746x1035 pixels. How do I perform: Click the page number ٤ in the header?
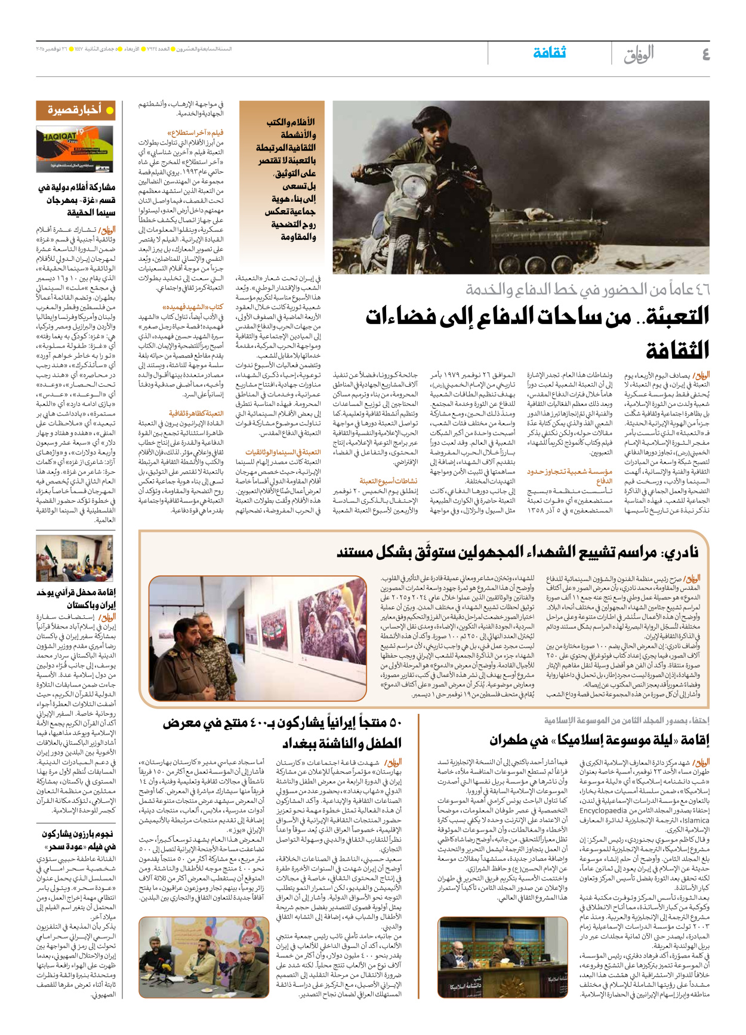(x=705, y=54)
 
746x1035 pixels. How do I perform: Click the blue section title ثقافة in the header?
(x=549, y=53)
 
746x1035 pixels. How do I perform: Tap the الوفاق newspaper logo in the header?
(x=639, y=54)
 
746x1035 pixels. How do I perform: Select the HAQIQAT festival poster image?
(x=75, y=149)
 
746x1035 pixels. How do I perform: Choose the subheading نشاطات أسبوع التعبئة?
(x=389, y=480)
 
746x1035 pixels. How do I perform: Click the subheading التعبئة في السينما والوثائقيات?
(x=283, y=452)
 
